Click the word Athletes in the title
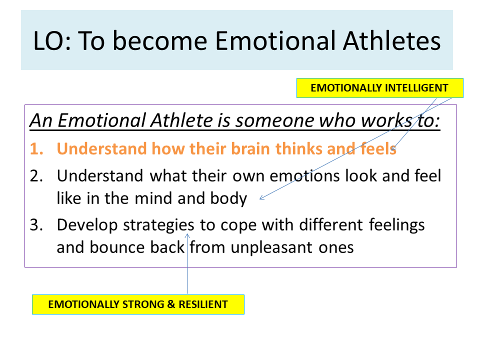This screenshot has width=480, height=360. [x=392, y=40]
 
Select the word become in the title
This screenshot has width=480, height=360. [x=160, y=40]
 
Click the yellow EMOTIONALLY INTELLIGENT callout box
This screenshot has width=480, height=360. [x=379, y=88]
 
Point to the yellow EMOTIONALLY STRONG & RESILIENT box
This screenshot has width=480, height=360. [x=138, y=304]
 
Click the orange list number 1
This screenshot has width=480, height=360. [x=36, y=149]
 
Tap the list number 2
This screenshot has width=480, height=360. [x=36, y=176]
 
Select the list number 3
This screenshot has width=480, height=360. [x=36, y=225]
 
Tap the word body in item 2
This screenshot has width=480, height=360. [x=228, y=198]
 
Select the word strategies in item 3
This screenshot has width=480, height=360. [x=158, y=225]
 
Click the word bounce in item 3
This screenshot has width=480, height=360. [x=117, y=247]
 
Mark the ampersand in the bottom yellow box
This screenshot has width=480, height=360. [x=171, y=304]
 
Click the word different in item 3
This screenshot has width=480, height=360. [x=331, y=225]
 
